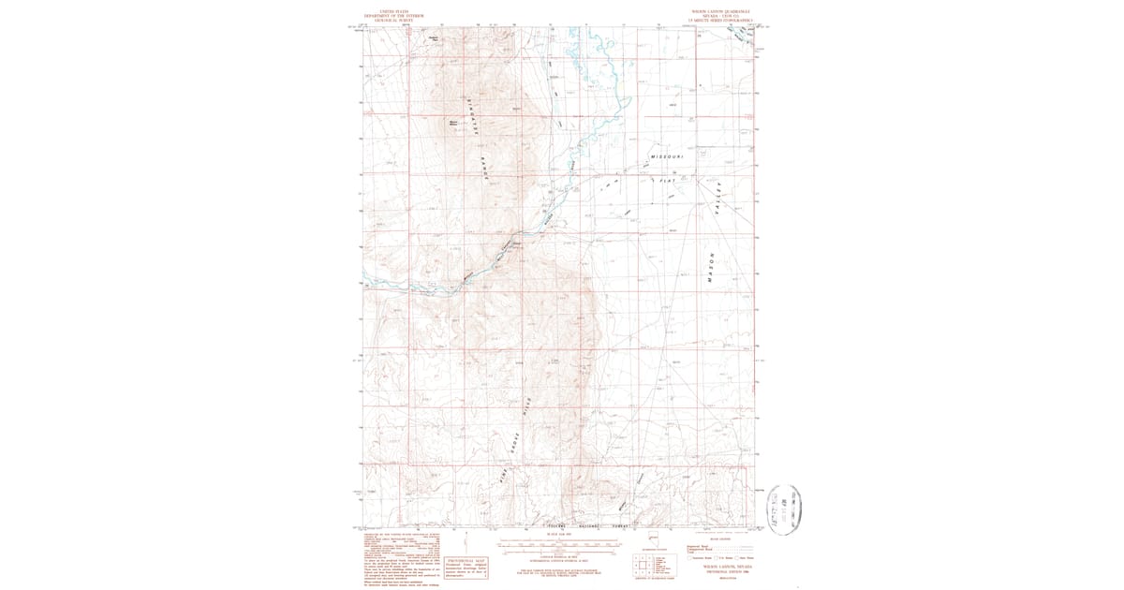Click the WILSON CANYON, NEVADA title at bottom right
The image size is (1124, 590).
tap(721, 566)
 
